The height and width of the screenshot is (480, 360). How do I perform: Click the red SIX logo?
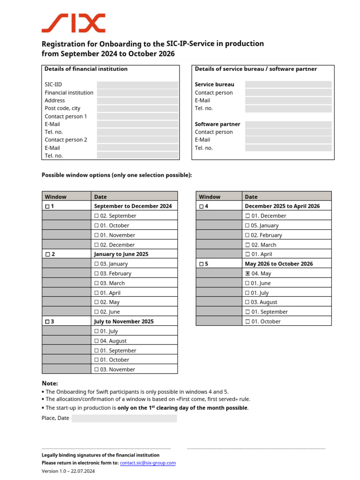(x=73, y=23)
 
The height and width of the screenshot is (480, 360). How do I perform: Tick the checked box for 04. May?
(x=247, y=274)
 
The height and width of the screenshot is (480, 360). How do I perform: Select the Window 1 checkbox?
(x=47, y=206)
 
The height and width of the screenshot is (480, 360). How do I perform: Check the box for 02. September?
(x=97, y=216)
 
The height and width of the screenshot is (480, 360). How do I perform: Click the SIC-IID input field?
(x=137, y=85)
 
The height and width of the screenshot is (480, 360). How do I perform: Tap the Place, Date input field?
(x=124, y=418)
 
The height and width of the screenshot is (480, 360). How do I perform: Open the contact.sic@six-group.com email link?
(x=148, y=463)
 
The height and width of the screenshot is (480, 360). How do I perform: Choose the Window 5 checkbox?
(x=202, y=264)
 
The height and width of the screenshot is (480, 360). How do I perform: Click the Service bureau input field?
(x=288, y=84)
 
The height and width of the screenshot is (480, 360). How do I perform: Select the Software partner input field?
(x=288, y=124)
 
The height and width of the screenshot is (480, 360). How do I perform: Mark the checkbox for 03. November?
(x=97, y=370)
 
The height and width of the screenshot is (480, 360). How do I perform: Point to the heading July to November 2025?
(x=124, y=322)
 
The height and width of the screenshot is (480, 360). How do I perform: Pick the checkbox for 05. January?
(x=247, y=225)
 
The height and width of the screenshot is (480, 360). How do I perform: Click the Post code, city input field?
(x=137, y=108)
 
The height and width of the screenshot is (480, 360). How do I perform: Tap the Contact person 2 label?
(x=66, y=140)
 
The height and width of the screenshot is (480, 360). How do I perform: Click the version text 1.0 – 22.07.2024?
(x=68, y=471)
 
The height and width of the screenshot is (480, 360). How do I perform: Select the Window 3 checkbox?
(x=47, y=322)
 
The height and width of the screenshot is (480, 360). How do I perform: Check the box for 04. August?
(x=97, y=341)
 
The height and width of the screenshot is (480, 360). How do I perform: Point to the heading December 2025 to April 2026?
(x=282, y=206)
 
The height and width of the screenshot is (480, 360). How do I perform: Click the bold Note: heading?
(x=50, y=383)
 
